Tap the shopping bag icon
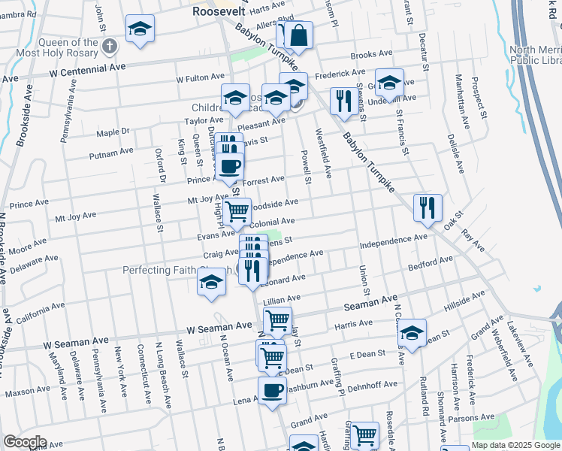(x=298, y=35)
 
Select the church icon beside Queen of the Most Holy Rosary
(x=109, y=47)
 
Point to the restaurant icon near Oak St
(x=428, y=208)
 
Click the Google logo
(x=25, y=442)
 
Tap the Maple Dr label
(x=114, y=132)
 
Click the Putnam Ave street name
(x=111, y=153)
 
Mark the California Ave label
(x=41, y=311)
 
